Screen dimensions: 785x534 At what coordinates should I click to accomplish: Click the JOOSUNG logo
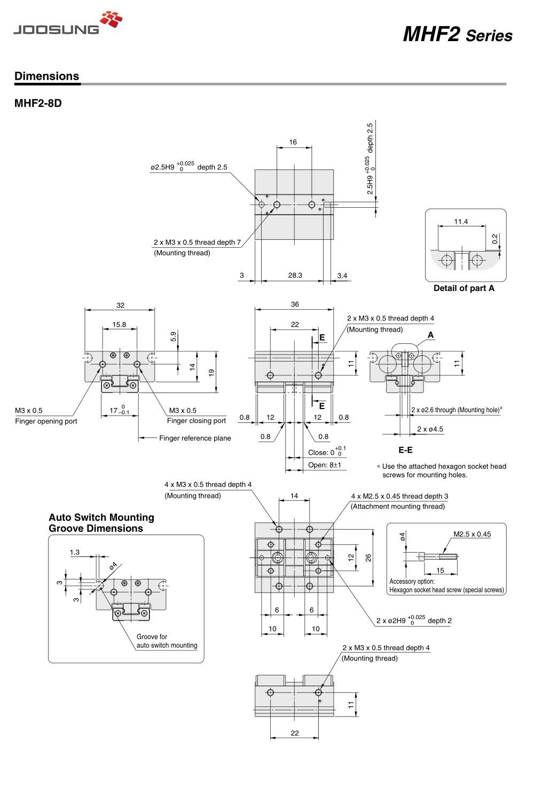pyautogui.click(x=67, y=23)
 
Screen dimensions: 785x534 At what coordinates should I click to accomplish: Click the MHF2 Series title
pyautogui.click(x=457, y=35)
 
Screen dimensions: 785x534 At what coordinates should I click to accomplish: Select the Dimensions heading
pyautogui.click(x=46, y=76)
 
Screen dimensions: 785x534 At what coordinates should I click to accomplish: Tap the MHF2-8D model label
pyautogui.click(x=38, y=103)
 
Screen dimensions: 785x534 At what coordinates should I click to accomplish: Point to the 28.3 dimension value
pyautogui.click(x=295, y=276)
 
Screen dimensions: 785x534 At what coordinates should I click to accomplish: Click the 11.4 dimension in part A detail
pyautogui.click(x=460, y=222)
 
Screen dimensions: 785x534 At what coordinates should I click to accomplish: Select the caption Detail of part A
pyautogui.click(x=464, y=288)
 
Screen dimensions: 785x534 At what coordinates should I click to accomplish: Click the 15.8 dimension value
pyautogui.click(x=120, y=325)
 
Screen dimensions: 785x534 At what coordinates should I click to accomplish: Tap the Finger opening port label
pyautogui.click(x=46, y=421)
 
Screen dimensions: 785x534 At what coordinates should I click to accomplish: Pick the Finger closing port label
pyautogui.click(x=196, y=421)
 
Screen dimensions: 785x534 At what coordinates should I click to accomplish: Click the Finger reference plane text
pyautogui.click(x=195, y=438)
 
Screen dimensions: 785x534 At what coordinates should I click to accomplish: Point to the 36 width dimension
pyautogui.click(x=295, y=304)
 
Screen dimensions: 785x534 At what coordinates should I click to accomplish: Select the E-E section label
pyautogui.click(x=405, y=450)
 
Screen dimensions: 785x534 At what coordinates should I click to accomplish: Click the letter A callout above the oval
pyautogui.click(x=430, y=335)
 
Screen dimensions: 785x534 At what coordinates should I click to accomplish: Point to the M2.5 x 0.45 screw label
pyautogui.click(x=472, y=534)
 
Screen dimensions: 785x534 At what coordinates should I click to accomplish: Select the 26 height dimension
pyautogui.click(x=368, y=558)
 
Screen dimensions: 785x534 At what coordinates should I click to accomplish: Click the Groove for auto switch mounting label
pyautogui.click(x=167, y=641)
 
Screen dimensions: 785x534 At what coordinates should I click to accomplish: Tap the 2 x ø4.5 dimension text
pyautogui.click(x=430, y=429)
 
